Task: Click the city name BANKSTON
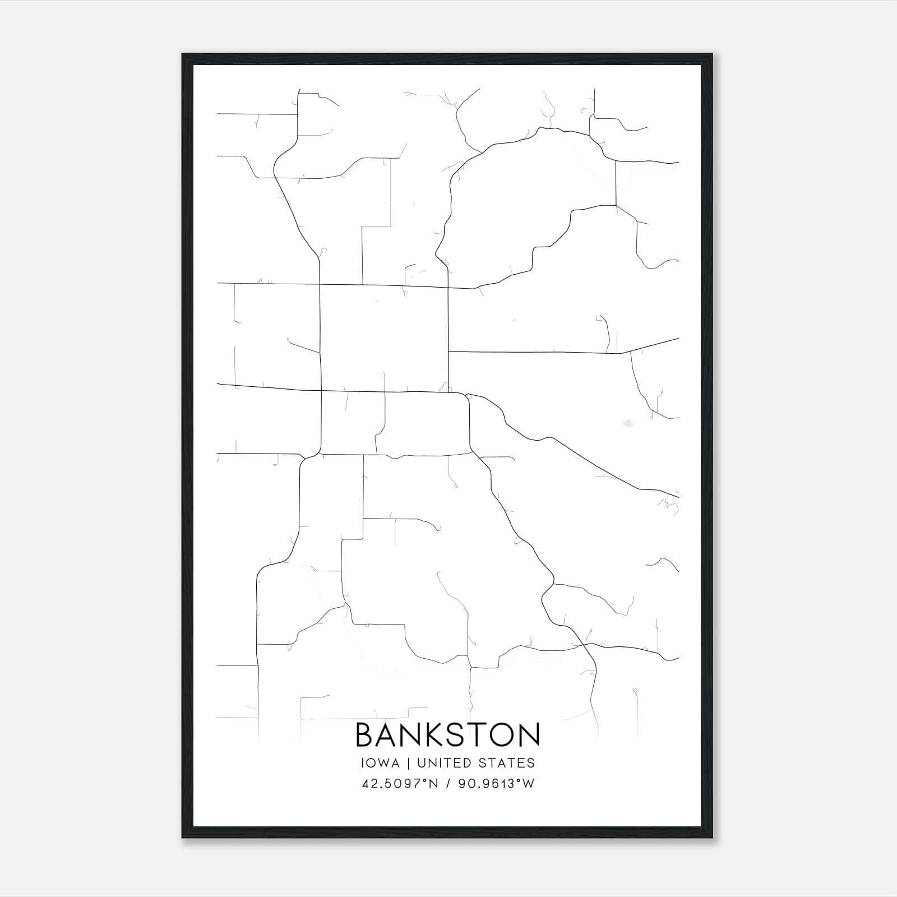[x=447, y=734]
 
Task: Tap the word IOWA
[x=380, y=763]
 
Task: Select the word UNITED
[x=439, y=763]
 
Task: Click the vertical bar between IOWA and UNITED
[x=408, y=763]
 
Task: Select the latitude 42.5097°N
[x=398, y=784]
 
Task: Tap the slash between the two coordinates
[x=448, y=784]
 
